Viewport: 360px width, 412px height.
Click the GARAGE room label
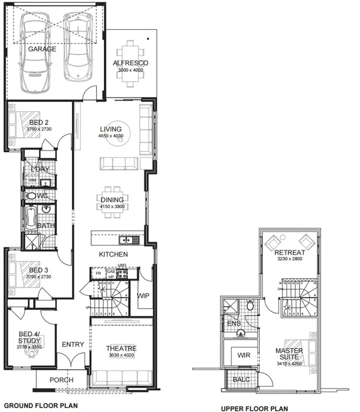pyautogui.click(x=42, y=49)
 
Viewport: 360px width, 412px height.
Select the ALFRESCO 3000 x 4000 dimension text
pyautogui.click(x=131, y=70)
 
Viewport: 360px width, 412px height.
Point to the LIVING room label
pyautogui.click(x=111, y=129)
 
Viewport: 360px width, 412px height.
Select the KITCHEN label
pyautogui.click(x=114, y=254)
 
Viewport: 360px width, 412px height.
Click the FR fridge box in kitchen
pyautogui.click(x=97, y=273)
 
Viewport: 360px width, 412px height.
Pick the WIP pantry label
pyautogui.click(x=143, y=296)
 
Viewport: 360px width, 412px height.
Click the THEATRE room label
pyautogui.click(x=121, y=349)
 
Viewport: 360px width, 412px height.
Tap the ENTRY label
pyautogui.click(x=72, y=344)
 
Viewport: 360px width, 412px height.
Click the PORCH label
pyautogui.click(x=61, y=380)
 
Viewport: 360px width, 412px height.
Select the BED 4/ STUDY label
pyautogui.click(x=29, y=338)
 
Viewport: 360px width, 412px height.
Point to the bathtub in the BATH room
pyautogui.click(x=31, y=218)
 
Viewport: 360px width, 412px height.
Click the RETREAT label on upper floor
pyautogui.click(x=289, y=253)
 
